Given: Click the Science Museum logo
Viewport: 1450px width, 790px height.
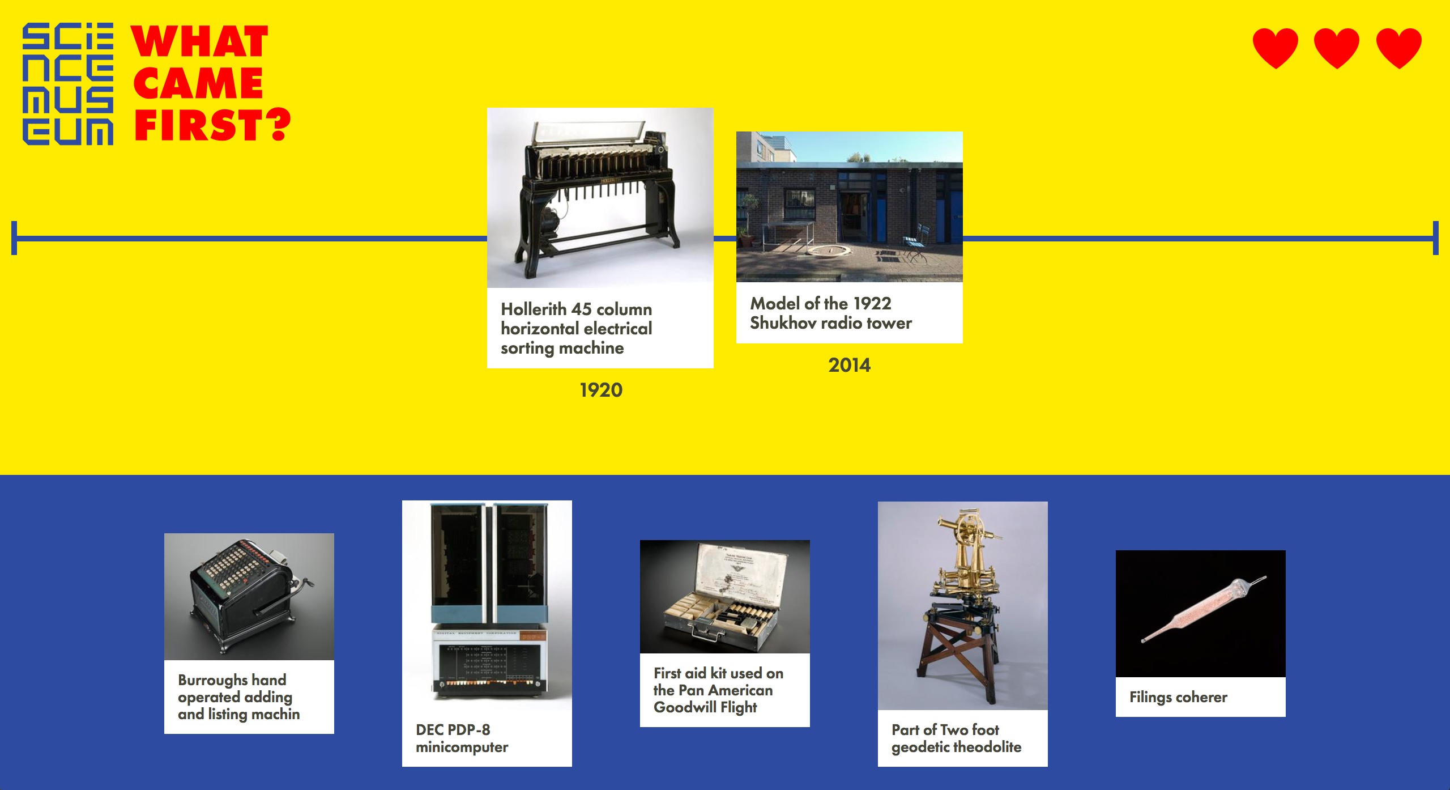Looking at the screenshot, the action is [x=68, y=84].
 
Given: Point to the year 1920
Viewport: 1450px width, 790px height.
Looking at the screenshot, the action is [x=601, y=390].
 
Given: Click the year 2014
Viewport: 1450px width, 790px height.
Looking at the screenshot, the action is [x=850, y=365].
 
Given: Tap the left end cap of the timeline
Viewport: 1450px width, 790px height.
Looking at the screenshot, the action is [x=14, y=238].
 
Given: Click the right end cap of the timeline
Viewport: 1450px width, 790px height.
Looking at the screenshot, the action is [x=1436, y=238].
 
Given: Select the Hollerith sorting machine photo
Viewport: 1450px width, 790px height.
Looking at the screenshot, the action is [x=600, y=197].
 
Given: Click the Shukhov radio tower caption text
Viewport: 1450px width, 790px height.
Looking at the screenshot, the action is [x=831, y=313].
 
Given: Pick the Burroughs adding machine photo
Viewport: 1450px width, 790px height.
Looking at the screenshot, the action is [x=249, y=596].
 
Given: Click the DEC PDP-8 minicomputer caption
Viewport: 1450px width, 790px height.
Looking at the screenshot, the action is [x=462, y=738].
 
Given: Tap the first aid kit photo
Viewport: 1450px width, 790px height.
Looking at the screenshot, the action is [x=725, y=596].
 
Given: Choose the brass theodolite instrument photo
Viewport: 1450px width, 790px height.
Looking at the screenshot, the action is [x=963, y=605].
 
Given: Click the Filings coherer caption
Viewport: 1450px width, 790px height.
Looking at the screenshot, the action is [x=1178, y=697].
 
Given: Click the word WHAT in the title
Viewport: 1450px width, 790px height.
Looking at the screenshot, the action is [x=199, y=41].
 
